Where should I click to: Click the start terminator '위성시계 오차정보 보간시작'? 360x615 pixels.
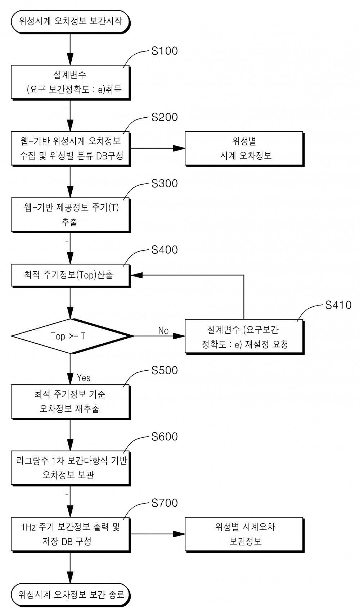click(x=70, y=21)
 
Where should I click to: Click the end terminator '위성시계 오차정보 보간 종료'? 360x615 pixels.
click(x=70, y=594)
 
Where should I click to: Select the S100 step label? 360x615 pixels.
click(x=165, y=51)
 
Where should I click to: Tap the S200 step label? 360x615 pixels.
click(x=165, y=117)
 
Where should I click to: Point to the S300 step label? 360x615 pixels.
click(x=165, y=184)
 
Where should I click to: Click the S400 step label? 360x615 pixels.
click(x=165, y=250)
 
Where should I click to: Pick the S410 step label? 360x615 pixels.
click(x=338, y=305)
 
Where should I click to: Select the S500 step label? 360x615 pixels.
click(x=165, y=371)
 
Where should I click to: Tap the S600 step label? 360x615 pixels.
click(x=165, y=437)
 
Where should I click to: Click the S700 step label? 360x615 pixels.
click(x=165, y=503)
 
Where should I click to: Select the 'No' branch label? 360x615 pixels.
click(x=163, y=330)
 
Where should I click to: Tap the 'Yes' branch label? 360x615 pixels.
click(x=84, y=377)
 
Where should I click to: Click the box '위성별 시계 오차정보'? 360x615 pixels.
click(x=244, y=148)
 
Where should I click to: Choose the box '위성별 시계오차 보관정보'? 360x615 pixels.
click(x=244, y=534)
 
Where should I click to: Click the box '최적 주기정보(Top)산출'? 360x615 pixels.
click(x=70, y=275)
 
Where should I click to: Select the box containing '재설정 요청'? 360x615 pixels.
click(x=244, y=337)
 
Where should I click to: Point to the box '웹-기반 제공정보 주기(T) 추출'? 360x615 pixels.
click(x=70, y=214)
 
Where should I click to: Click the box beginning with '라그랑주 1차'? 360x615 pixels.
click(x=70, y=468)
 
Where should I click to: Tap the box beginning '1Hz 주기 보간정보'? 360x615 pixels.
click(x=70, y=534)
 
